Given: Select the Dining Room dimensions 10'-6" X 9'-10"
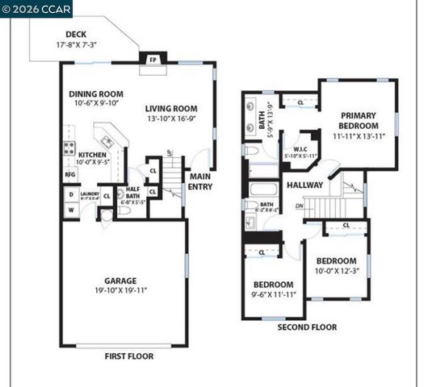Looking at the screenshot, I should (x=94, y=103).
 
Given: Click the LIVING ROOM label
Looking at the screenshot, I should (x=171, y=109).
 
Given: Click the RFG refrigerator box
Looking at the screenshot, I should (x=69, y=174).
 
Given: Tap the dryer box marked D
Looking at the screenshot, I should (x=70, y=194).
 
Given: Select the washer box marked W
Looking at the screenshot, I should (x=70, y=210).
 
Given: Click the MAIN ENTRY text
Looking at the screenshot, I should (x=200, y=181).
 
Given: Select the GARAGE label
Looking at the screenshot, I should (x=124, y=281).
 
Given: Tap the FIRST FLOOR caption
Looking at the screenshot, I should (x=128, y=356).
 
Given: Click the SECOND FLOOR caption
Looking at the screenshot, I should (x=307, y=327).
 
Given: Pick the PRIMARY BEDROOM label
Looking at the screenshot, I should (x=359, y=121).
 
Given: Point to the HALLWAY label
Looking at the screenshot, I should (x=304, y=185).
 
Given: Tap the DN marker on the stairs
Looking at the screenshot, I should (x=299, y=206).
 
